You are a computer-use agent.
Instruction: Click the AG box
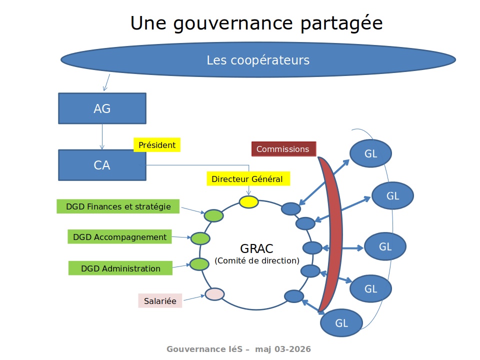pos(102,108)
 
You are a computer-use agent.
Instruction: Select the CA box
pos(102,165)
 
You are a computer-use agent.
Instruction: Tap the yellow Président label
pos(156,145)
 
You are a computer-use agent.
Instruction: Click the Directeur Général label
pos(247,178)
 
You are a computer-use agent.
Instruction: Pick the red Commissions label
pos(283,149)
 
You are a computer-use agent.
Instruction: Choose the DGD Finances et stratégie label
pos(118,206)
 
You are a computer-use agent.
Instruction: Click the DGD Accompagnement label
pos(119,237)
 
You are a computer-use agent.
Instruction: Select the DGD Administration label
pos(120,268)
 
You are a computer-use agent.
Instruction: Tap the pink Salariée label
pos(160,301)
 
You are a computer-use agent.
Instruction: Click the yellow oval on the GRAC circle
pos(248,201)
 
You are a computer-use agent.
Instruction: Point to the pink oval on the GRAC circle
pos(214,294)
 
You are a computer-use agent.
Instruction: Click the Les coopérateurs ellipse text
pos(258,60)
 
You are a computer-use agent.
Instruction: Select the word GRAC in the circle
pos(257,248)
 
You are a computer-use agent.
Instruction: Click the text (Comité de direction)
pos(257,260)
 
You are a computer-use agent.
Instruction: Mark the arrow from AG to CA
pos(102,136)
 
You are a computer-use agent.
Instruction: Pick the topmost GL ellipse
pos(370,153)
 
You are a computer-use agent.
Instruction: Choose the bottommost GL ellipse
pos(341,323)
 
